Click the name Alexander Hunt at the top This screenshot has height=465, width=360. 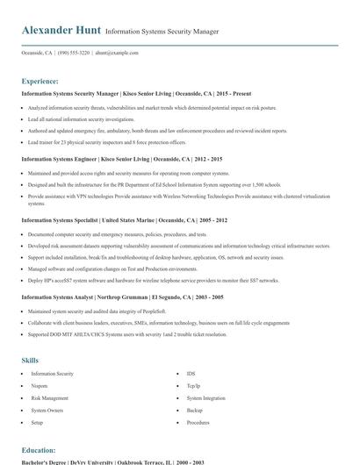61,31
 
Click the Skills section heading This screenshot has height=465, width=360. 31,360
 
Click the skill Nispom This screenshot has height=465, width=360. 40,385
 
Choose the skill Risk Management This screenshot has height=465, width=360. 49,397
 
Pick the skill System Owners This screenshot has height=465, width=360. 47,410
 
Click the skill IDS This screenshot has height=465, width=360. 191,373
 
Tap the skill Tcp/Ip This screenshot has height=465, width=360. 193,385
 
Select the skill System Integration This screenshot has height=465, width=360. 206,397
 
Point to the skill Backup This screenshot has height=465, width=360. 194,410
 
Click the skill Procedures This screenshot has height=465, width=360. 198,422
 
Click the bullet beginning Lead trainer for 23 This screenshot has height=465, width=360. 106,141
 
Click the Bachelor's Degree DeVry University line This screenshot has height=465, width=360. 112,461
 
